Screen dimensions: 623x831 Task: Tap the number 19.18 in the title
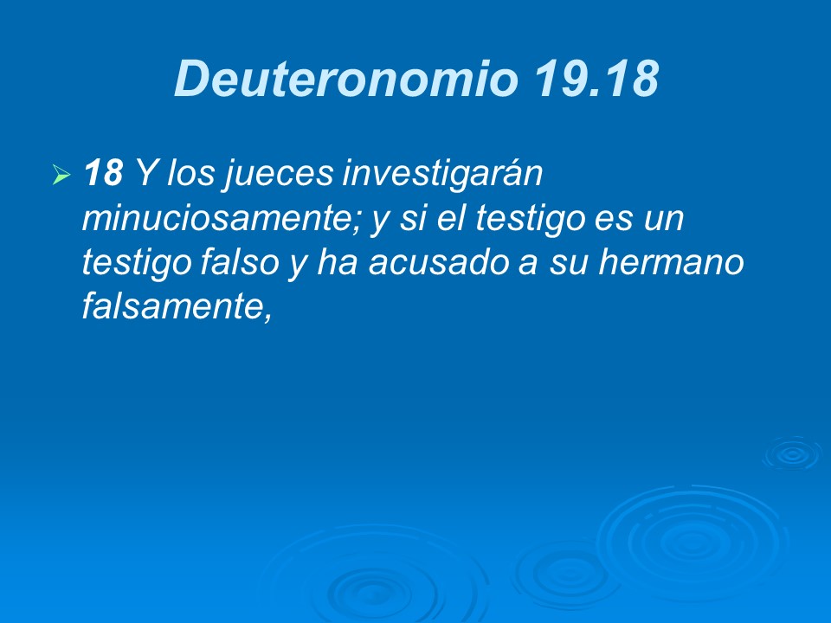click(596, 80)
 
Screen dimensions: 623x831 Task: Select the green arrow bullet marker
click(61, 177)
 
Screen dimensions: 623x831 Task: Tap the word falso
click(236, 264)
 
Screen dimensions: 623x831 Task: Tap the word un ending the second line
click(662, 220)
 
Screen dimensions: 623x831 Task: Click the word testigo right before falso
click(130, 264)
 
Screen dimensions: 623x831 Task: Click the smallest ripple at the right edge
click(791, 453)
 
